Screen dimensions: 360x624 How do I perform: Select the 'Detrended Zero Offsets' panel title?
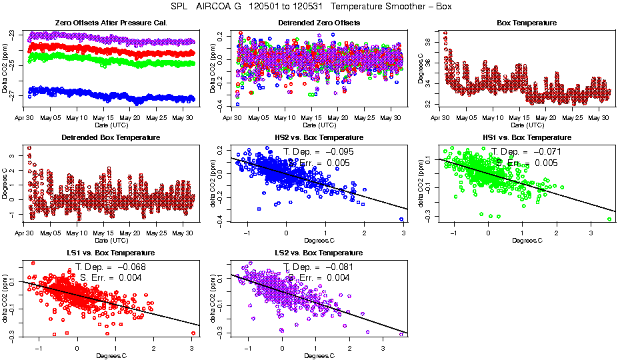click(318, 23)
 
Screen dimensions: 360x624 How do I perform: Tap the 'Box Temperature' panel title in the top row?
click(527, 23)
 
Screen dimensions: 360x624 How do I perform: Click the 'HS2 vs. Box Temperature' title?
click(318, 137)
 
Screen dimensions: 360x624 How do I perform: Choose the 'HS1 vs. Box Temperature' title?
click(527, 137)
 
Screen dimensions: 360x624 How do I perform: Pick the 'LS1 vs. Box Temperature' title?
click(110, 253)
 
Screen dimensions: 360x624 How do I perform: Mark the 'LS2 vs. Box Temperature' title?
click(318, 253)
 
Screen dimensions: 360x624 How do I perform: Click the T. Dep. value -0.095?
click(339, 151)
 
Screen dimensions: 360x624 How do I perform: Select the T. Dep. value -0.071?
click(548, 151)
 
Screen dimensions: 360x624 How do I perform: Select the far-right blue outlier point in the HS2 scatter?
click(402, 219)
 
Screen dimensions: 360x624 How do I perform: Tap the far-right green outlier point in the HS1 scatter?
click(610, 219)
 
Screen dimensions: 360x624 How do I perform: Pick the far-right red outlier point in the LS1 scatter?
click(193, 333)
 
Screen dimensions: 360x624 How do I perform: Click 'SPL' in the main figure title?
click(171, 6)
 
